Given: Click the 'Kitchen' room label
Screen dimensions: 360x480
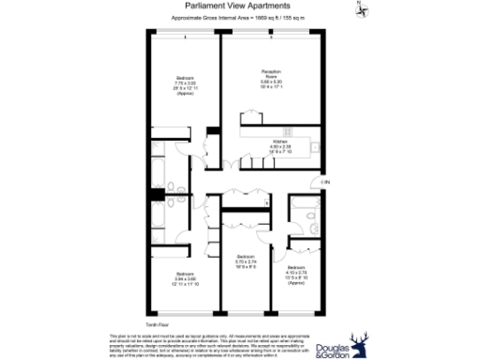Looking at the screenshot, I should [276, 142].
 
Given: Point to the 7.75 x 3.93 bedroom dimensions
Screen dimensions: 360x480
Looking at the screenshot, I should [184, 85].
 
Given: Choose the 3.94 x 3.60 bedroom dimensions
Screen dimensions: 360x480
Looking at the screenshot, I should [183, 279].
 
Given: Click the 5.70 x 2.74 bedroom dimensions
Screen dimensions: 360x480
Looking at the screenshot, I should [247, 261].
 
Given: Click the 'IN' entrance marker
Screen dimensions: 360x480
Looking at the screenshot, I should [326, 181].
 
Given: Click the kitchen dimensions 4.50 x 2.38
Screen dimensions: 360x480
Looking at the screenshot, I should [276, 148].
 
